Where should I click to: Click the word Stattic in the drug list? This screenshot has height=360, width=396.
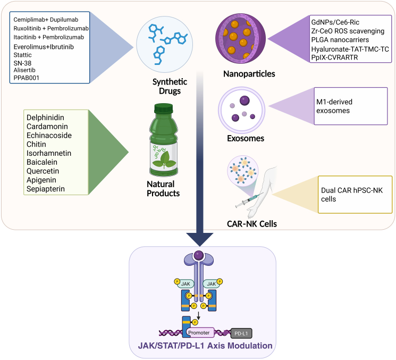(x=22, y=55)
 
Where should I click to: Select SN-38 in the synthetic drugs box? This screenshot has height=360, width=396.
(x=22, y=63)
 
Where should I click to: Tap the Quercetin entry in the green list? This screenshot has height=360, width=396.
(x=43, y=171)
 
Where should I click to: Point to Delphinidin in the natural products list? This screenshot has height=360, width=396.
(x=45, y=118)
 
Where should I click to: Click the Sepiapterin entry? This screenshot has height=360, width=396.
(x=46, y=189)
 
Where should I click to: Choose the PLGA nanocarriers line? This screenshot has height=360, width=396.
(x=340, y=40)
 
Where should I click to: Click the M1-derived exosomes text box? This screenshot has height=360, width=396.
(x=351, y=106)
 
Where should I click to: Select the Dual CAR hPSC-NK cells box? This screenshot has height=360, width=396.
(x=355, y=195)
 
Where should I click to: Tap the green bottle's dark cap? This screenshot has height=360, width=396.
(x=164, y=108)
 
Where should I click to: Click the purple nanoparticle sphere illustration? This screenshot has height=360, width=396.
(x=240, y=39)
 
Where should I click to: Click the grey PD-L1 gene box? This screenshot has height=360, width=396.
(x=241, y=333)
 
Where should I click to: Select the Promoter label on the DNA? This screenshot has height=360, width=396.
(x=199, y=333)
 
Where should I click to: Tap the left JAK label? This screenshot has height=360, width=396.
(x=186, y=284)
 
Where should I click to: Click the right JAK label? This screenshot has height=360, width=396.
(x=212, y=284)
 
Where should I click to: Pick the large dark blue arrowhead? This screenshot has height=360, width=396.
(x=200, y=238)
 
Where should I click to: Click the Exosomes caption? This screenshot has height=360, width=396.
(x=246, y=138)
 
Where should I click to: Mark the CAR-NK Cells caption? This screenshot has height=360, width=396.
(x=252, y=224)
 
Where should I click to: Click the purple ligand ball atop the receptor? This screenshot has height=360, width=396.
(x=199, y=255)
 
